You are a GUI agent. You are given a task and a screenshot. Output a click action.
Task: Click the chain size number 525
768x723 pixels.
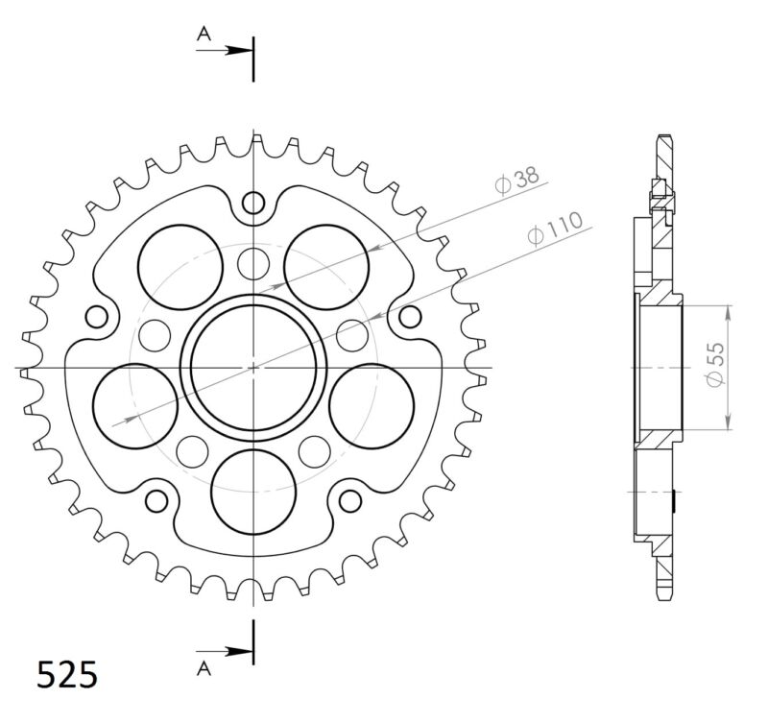tap(67, 675)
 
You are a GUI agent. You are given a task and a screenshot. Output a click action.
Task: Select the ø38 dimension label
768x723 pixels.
tap(517, 180)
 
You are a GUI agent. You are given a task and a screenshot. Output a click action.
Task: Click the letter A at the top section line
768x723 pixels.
tap(203, 35)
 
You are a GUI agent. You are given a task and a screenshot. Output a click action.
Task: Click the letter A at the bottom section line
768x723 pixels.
tap(203, 666)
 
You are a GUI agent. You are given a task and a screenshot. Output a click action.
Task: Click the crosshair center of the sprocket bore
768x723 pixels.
tap(253, 367)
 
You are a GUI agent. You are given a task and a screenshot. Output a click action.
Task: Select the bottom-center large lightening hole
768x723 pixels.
tap(253, 489)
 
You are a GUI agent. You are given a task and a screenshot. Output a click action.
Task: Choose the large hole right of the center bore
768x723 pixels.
tap(371, 403)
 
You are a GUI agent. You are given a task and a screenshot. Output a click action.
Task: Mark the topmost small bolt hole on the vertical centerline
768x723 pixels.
tap(253, 203)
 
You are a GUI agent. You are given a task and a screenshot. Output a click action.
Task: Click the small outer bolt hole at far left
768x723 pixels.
tap(96, 317)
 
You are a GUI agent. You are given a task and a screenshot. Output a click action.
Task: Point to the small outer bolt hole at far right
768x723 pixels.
tap(410, 316)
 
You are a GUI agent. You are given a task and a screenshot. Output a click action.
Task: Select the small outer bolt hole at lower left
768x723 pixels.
tap(156, 500)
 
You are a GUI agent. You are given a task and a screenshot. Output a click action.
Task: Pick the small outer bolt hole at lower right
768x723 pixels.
tap(350, 500)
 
